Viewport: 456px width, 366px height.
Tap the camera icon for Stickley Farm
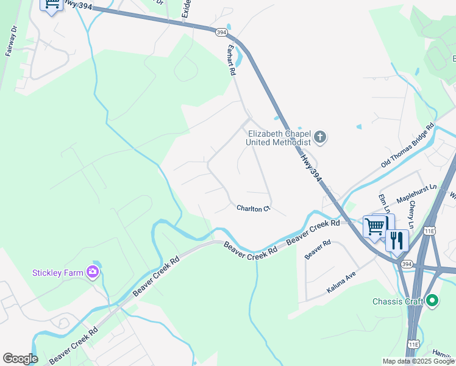point(93,271)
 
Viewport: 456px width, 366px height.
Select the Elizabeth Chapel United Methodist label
point(278,138)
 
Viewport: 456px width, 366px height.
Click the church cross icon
point(321,137)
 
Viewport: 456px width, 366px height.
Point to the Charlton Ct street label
point(253,209)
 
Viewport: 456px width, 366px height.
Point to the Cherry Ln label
point(412,215)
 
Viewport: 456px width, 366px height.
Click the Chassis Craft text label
point(397,301)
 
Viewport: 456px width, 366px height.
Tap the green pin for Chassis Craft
point(432,301)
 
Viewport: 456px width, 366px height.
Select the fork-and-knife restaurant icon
point(397,240)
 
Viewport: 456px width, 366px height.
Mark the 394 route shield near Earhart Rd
point(219,31)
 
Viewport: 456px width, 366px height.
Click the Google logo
point(20,359)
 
